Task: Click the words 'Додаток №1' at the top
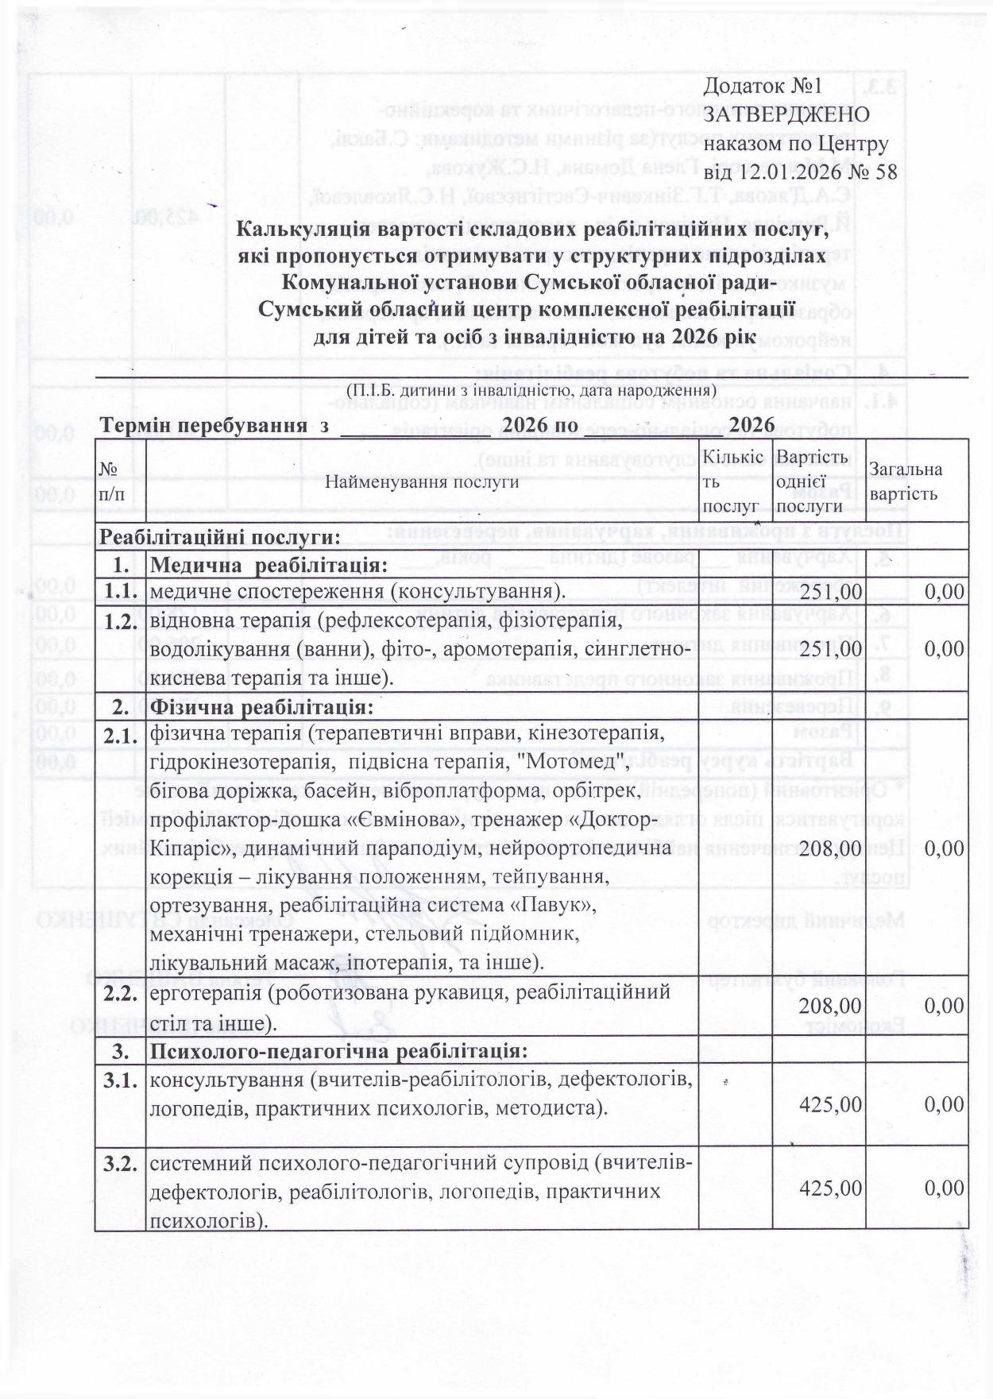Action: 762,85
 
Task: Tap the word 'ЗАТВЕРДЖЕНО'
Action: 786,114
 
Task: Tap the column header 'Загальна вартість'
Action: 906,481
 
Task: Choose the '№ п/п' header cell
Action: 113,481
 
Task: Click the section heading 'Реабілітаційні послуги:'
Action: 218,536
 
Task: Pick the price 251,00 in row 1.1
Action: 832,592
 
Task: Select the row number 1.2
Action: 121,622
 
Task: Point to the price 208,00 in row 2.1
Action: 832,848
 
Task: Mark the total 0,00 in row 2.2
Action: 945,1007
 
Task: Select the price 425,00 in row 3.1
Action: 832,1104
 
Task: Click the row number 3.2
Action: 121,1165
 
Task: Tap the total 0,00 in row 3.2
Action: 945,1188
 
